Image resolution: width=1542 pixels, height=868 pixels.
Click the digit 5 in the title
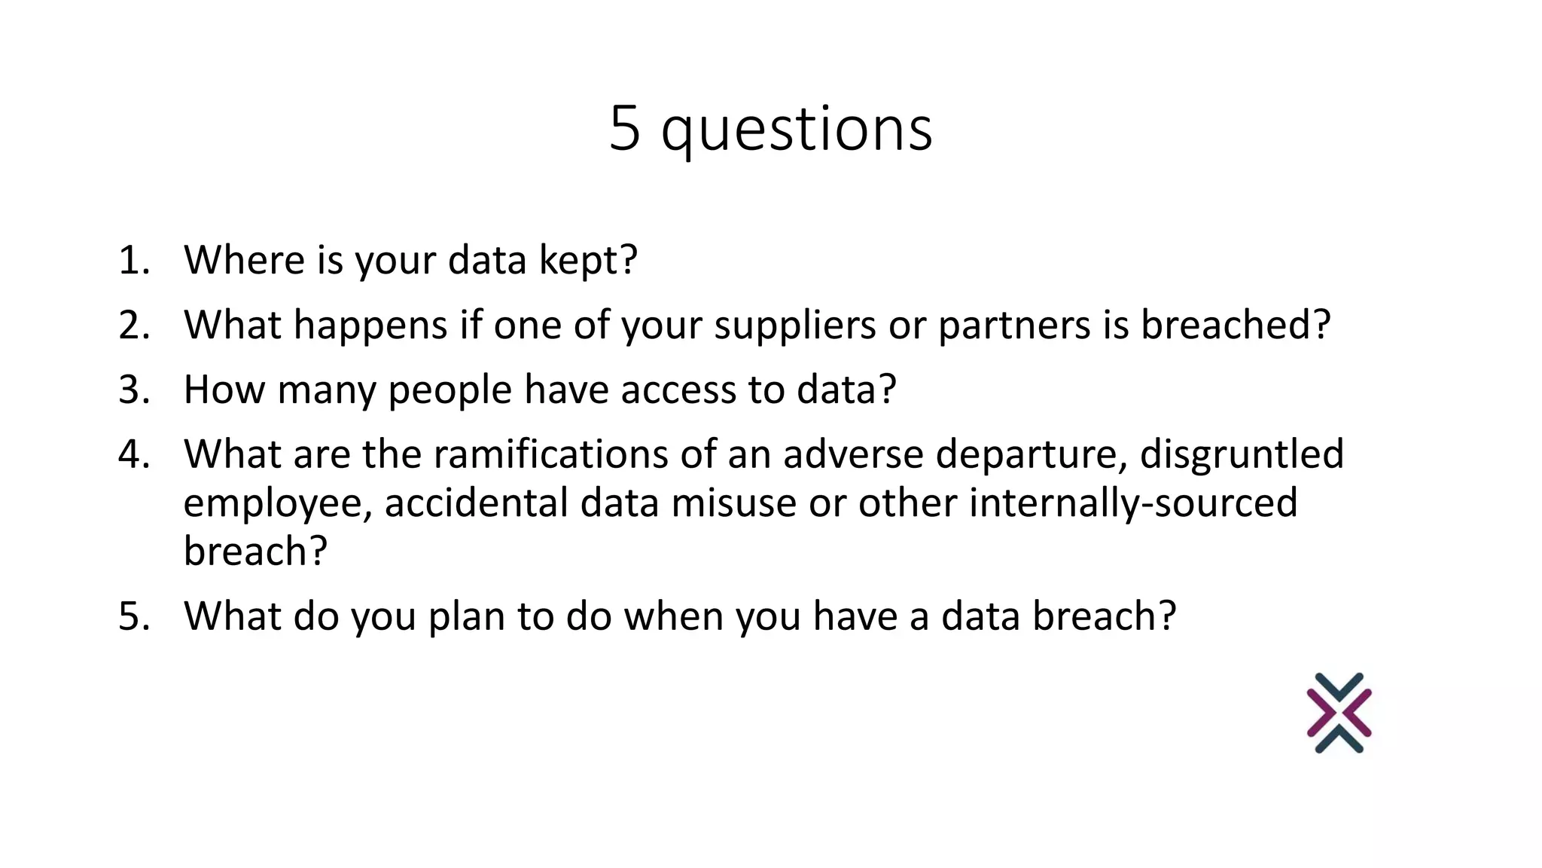coord(625,128)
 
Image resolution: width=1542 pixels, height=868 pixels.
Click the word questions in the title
coord(797,130)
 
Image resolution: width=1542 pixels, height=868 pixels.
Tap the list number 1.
coord(133,260)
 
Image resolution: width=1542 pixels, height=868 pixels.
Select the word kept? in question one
coord(588,261)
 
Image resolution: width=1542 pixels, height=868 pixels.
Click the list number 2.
coord(134,325)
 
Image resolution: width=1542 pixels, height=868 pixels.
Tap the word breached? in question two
coord(1235,325)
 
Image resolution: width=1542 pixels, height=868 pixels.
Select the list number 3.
coord(134,390)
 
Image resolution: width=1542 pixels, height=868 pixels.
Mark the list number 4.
coord(134,454)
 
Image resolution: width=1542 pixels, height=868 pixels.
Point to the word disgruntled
coord(1242,454)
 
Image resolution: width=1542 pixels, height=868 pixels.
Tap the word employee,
coord(278,504)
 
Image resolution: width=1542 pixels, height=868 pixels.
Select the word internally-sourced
coord(1133,503)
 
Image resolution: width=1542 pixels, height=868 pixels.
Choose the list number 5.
coord(134,616)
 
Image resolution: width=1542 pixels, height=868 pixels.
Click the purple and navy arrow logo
coord(1339,713)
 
